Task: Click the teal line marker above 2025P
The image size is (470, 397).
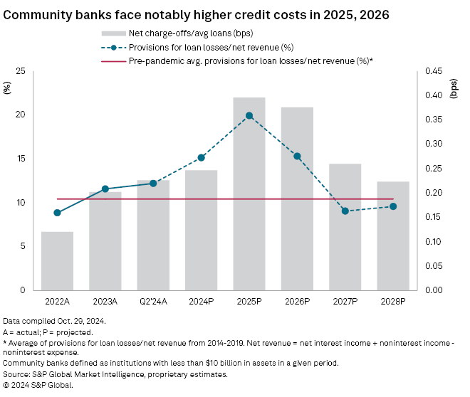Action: pyautogui.click(x=249, y=115)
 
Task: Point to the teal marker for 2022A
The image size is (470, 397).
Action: pyautogui.click(x=57, y=213)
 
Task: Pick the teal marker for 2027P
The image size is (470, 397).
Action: pyautogui.click(x=345, y=211)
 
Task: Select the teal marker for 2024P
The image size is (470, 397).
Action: pyautogui.click(x=202, y=157)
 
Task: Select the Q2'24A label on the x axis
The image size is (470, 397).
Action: pyautogui.click(x=153, y=301)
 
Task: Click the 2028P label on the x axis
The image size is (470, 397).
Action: pyautogui.click(x=393, y=301)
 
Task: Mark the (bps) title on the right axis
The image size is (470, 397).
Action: pyautogui.click(x=454, y=88)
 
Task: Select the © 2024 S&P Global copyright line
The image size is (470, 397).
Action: pyautogui.click(x=38, y=385)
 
